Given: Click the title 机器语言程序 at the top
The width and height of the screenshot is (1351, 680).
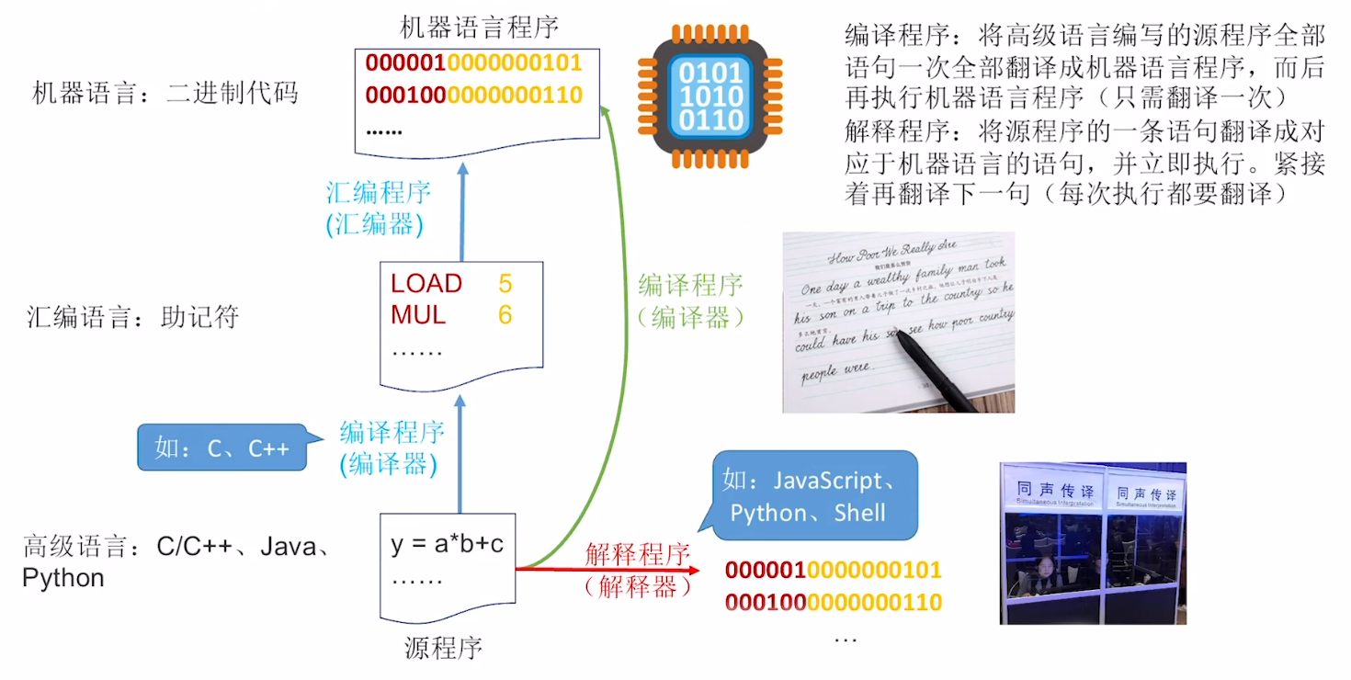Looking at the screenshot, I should tap(479, 26).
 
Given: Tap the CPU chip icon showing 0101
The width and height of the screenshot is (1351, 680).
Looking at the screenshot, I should tap(710, 96).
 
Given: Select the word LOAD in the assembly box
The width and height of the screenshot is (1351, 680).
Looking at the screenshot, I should tap(426, 283).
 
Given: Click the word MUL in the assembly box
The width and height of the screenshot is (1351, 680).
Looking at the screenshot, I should tap(418, 315).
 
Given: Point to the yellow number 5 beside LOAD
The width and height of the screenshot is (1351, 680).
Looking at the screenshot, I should tap(505, 283).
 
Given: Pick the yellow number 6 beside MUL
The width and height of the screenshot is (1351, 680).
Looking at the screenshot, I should tap(505, 315).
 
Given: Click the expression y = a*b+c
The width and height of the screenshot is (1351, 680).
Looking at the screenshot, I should tap(448, 544).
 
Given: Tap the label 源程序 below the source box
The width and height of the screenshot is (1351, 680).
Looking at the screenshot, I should tap(443, 648).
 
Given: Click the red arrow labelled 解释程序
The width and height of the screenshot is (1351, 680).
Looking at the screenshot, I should tap(607, 569).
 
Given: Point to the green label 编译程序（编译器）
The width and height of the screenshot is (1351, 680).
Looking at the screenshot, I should tap(690, 300).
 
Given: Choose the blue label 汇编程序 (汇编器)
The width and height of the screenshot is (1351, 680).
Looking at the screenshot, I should tap(379, 209).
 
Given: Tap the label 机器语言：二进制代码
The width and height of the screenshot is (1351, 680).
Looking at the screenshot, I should tap(165, 93).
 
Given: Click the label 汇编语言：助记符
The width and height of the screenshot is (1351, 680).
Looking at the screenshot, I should tap(133, 318).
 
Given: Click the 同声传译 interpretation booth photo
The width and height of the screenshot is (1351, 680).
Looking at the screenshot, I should tap(1092, 543).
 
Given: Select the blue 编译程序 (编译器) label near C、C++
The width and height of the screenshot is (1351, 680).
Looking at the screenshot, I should tap(392, 448).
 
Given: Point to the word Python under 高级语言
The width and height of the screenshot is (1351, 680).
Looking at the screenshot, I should tap(63, 578).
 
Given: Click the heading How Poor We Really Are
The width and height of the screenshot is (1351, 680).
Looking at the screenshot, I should tap(891, 248).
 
